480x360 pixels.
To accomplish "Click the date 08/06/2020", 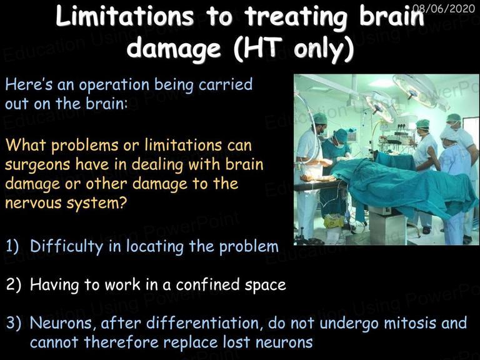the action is [x=444, y=7].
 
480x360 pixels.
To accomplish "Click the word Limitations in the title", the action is [x=124, y=16].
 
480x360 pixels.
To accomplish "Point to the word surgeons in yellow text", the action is [x=38, y=166].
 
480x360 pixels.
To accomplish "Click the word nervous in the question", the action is [x=33, y=203].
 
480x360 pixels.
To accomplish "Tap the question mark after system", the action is [x=122, y=202].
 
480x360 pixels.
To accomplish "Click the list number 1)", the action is [x=12, y=247].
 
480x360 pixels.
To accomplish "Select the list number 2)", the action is [x=13, y=285].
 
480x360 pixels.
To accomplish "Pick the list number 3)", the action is [x=14, y=323].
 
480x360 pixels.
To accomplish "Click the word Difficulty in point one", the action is [x=67, y=247].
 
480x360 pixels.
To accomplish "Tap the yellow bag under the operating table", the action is [x=334, y=221].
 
